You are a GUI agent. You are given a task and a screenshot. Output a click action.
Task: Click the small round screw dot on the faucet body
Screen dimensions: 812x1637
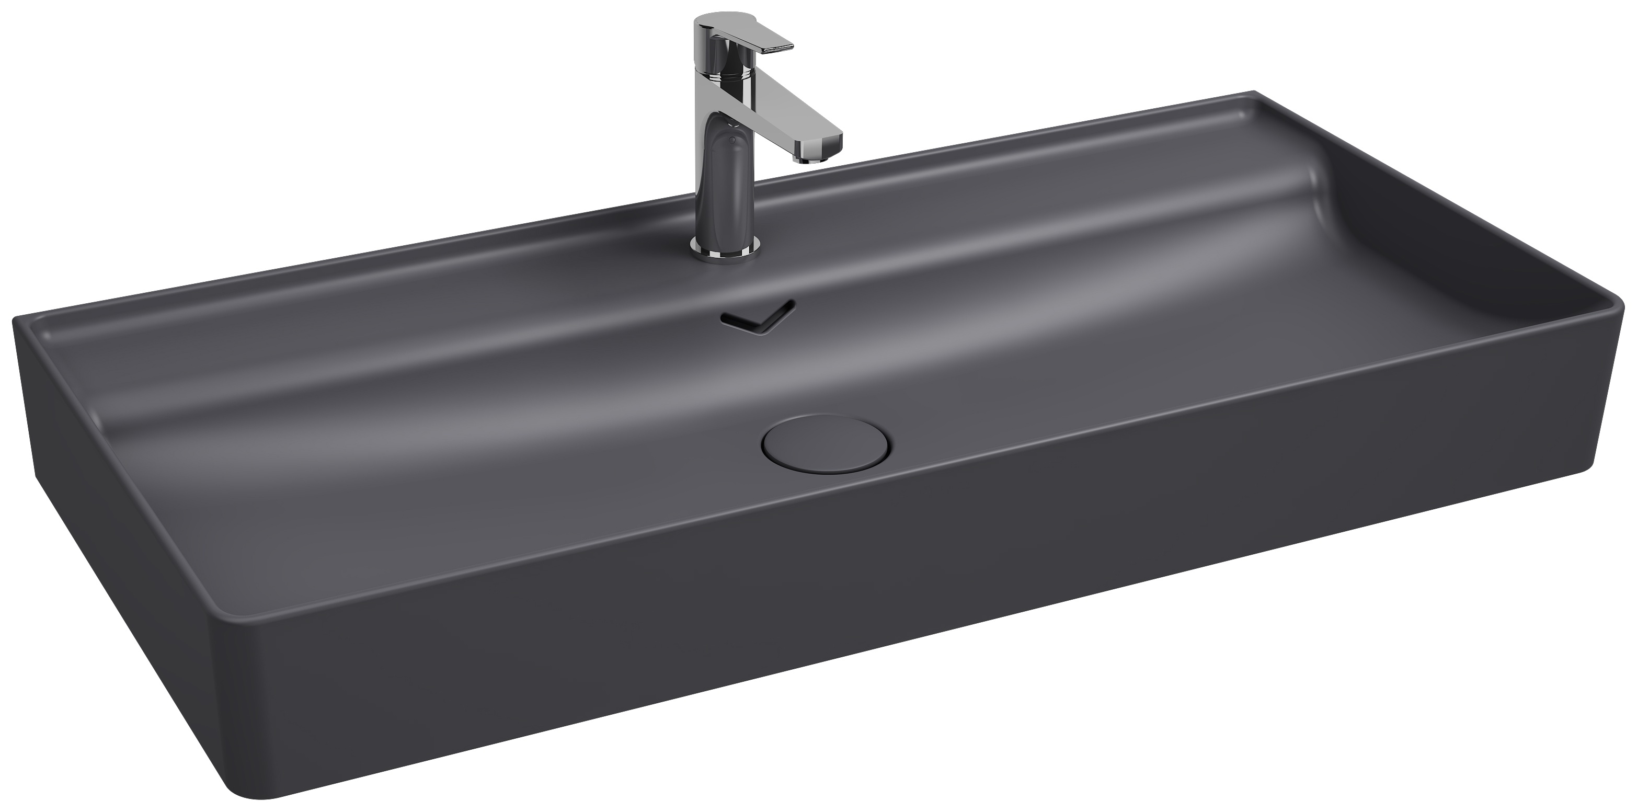(x=731, y=138)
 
